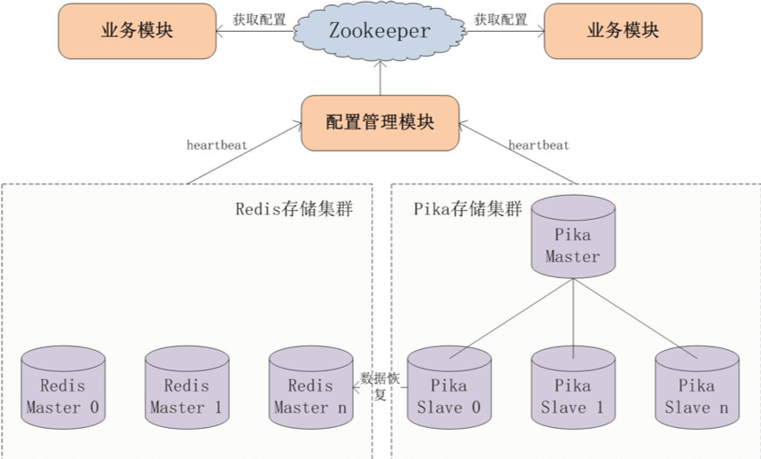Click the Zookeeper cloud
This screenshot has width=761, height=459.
click(380, 31)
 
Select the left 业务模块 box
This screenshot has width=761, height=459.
click(137, 31)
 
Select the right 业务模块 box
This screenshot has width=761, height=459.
click(623, 31)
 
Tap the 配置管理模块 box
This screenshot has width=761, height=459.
click(380, 122)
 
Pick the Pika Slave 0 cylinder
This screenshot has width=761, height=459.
click(448, 389)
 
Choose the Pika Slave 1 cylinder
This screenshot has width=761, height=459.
click(572, 389)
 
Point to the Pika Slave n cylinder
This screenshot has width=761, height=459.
click(696, 389)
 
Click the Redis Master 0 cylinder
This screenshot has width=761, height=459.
click(63, 389)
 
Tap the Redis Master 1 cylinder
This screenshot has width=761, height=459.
click(186, 389)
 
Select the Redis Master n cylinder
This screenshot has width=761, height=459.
click(310, 389)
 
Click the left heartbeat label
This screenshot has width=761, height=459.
click(216, 144)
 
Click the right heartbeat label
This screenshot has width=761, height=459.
click(538, 144)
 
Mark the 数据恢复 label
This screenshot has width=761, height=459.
click(380, 386)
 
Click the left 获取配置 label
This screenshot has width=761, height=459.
click(260, 19)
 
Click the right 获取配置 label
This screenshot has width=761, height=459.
click(500, 19)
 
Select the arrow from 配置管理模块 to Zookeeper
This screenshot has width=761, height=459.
click(380, 78)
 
